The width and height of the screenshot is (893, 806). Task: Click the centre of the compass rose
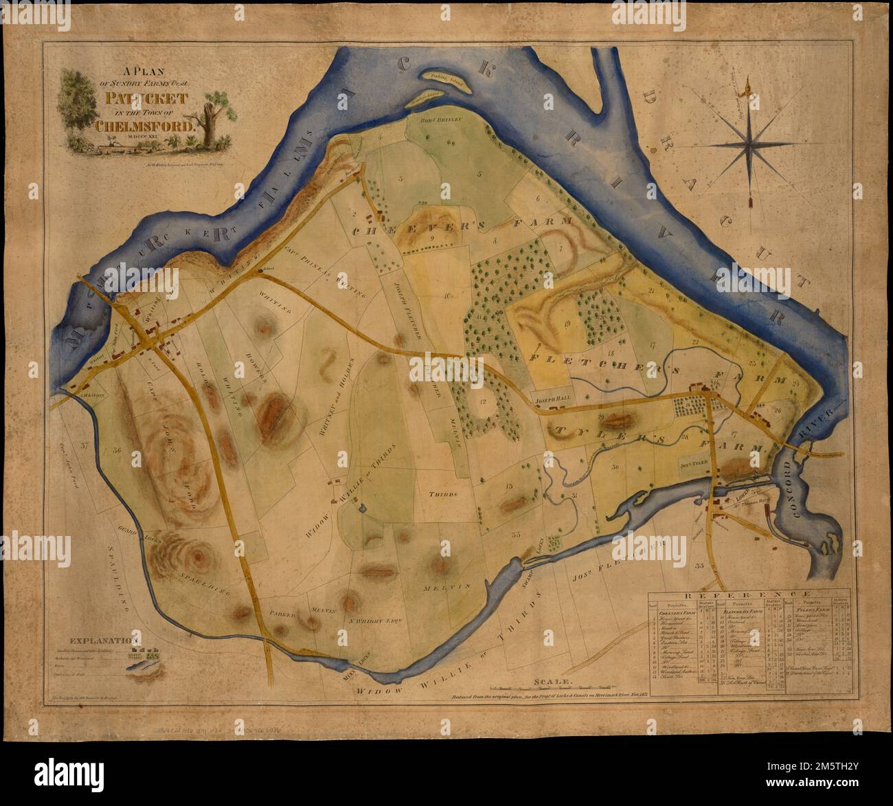[x=754, y=144]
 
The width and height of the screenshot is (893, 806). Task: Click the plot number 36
[x=117, y=451]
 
